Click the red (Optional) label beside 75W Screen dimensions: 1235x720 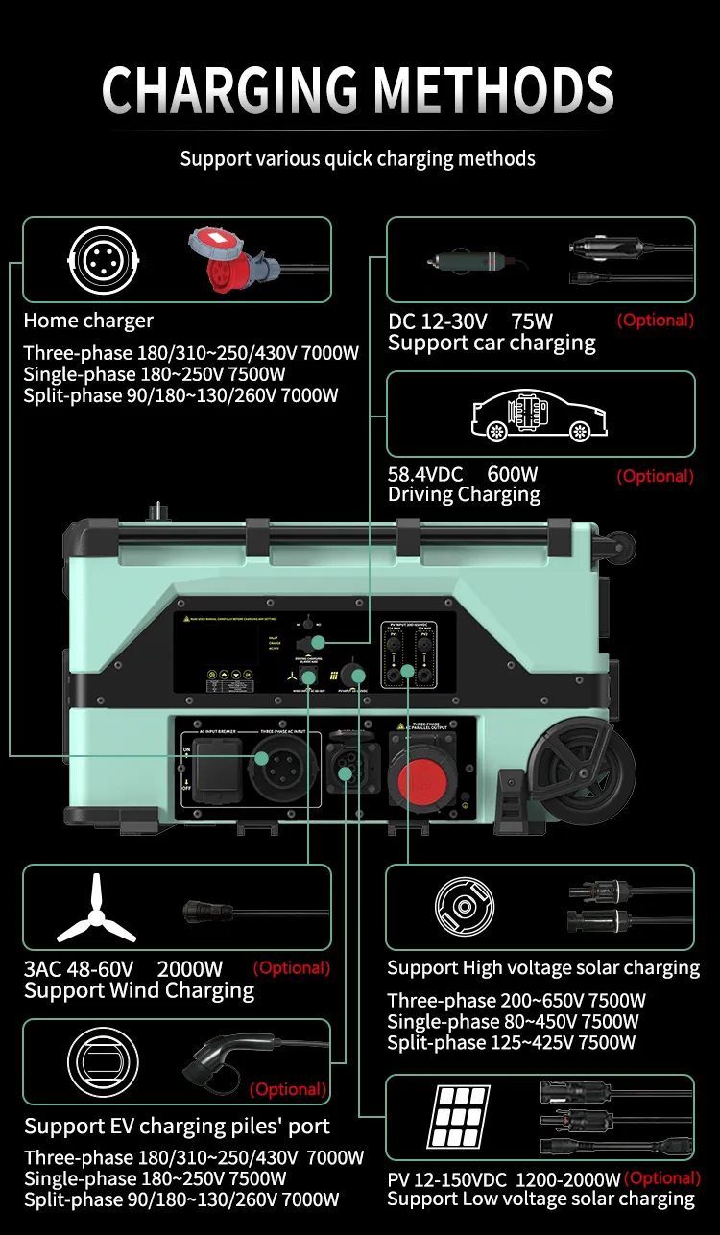click(x=655, y=321)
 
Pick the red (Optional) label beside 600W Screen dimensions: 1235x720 click(x=655, y=476)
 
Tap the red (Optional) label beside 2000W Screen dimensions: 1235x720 click(x=291, y=968)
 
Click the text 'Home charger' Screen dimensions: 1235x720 click(x=88, y=321)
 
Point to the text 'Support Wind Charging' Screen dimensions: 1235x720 click(x=139, y=991)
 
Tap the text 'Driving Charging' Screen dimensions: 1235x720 click(x=464, y=495)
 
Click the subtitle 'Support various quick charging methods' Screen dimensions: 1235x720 click(x=358, y=158)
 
